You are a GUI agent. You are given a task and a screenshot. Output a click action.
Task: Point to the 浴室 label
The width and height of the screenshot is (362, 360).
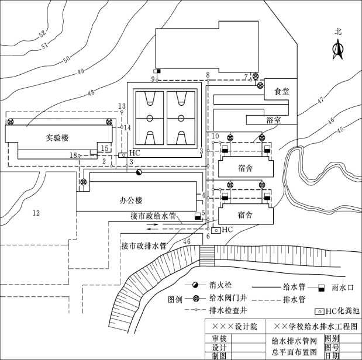click(273, 119)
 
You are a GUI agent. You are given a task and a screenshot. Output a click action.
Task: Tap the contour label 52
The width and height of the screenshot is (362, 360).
click(43, 34)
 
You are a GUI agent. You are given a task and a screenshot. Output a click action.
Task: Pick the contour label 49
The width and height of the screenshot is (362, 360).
click(79, 71)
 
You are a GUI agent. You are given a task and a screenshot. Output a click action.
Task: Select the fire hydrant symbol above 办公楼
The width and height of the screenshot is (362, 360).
click(139, 172)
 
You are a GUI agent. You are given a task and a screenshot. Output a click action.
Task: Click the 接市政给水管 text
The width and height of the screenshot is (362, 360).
click(153, 216)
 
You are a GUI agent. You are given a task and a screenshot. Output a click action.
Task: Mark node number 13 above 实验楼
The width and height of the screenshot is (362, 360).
click(122, 106)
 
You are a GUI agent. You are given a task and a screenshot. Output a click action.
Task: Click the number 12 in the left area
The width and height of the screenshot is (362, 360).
click(36, 213)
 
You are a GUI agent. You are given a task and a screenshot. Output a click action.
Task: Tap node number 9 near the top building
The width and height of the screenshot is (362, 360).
click(153, 78)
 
